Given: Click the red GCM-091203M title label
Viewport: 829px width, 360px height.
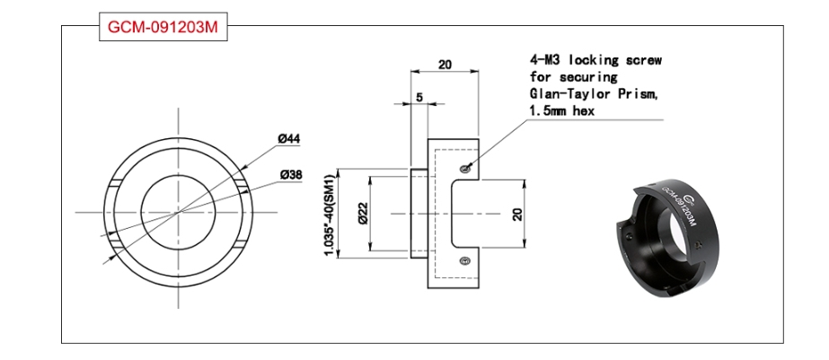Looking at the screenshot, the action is click(x=163, y=27).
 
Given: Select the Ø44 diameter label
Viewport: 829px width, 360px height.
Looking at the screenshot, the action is click(x=289, y=139).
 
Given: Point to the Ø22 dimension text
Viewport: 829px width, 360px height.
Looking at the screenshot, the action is click(x=362, y=214).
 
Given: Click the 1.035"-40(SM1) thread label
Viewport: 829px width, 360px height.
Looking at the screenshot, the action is click(x=331, y=214).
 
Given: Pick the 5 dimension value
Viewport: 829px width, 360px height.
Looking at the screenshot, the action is click(x=419, y=97).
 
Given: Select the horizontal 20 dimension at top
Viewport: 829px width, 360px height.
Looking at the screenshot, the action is click(x=445, y=65).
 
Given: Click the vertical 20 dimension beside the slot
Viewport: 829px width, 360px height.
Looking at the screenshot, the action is click(x=517, y=214).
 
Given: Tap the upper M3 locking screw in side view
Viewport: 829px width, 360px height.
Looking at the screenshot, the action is click(x=464, y=169).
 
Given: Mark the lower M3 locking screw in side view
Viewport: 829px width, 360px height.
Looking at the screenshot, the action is click(x=464, y=259).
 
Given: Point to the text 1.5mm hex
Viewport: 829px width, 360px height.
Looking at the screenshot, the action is click(x=562, y=111).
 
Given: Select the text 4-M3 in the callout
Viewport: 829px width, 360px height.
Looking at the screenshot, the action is click(x=545, y=59).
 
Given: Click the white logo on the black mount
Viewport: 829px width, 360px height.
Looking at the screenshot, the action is click(x=692, y=198).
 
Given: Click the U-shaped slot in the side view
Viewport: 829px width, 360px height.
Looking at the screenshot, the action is click(x=453, y=214).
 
